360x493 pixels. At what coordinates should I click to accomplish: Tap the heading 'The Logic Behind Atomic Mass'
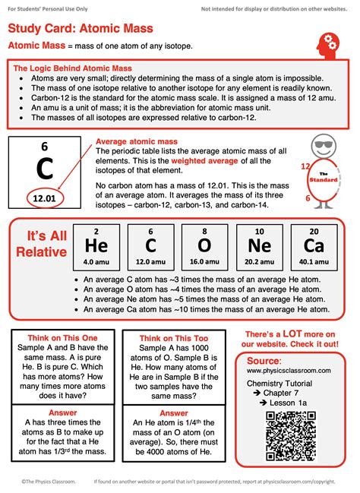click(x=73, y=68)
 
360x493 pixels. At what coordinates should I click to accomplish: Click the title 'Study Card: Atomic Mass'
click(x=91, y=28)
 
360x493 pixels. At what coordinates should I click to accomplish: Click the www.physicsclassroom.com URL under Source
click(x=289, y=370)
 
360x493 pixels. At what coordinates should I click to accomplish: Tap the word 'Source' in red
click(x=264, y=359)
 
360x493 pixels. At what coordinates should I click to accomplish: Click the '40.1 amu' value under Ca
click(x=314, y=262)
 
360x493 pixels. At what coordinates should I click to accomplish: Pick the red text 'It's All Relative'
click(x=38, y=243)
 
